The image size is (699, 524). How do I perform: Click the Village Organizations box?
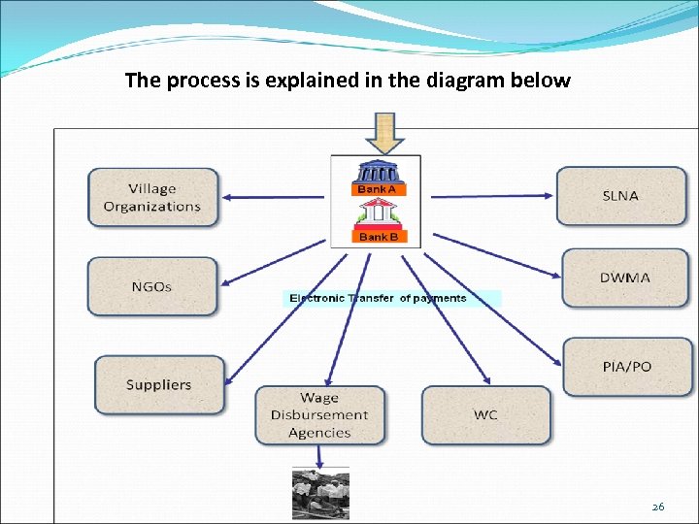coord(153,197)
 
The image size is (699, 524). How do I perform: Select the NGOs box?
coord(152,286)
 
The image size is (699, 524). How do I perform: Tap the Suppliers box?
coord(159,384)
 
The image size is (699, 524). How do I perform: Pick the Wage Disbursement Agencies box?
coord(319,414)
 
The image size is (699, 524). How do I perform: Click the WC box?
coord(485,414)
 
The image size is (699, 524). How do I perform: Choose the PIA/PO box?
coord(627,366)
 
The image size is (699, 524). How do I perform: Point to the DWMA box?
coord(625,278)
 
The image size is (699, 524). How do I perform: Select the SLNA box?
coord(620,195)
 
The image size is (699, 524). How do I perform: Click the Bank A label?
coord(377,189)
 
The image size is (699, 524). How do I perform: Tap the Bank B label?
coord(377,237)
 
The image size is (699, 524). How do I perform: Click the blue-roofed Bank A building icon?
coord(377,173)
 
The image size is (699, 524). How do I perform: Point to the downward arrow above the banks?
coord(385,134)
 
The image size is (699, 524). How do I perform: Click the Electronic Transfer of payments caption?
coord(378,298)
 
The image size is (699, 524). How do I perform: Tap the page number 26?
coord(657,507)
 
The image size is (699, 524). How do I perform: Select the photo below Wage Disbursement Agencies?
coord(320,494)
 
